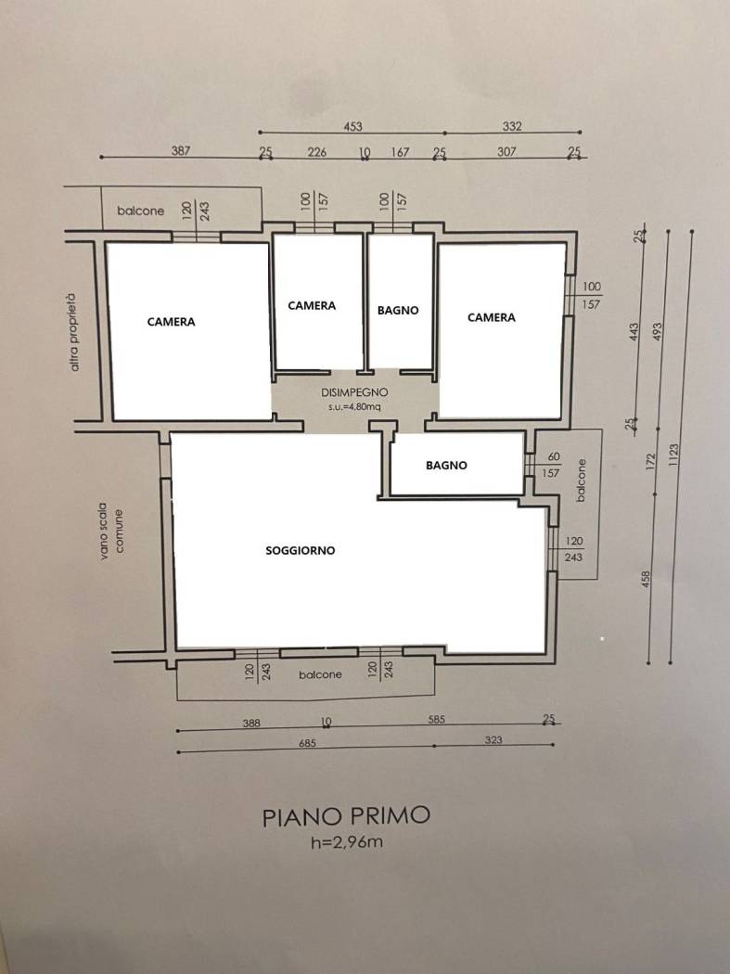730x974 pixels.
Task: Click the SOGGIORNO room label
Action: (x=301, y=550)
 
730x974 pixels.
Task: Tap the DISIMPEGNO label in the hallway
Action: (x=354, y=392)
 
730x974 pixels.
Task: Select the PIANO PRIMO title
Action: (x=346, y=816)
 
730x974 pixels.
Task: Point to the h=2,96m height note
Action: (x=347, y=842)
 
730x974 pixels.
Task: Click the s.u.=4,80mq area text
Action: (x=354, y=407)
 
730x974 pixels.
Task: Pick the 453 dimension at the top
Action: (x=352, y=126)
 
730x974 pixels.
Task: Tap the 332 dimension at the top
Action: (x=512, y=126)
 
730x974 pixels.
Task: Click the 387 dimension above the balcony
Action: (x=181, y=150)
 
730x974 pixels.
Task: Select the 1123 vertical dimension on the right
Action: (x=675, y=455)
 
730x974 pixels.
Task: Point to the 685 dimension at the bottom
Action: (x=308, y=743)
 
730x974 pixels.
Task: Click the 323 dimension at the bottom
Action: (x=493, y=740)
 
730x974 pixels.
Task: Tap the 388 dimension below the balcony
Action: (x=251, y=723)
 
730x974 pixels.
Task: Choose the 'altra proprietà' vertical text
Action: (x=75, y=332)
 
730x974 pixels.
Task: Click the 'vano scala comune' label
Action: (x=111, y=532)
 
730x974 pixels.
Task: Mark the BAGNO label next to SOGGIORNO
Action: (x=446, y=466)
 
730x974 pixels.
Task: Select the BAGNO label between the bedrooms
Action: (x=398, y=310)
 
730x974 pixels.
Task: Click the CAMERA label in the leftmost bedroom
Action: (x=171, y=322)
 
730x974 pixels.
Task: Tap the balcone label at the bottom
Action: (x=320, y=674)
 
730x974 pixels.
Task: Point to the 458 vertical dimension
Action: (x=647, y=580)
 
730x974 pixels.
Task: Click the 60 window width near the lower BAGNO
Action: (x=554, y=456)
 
